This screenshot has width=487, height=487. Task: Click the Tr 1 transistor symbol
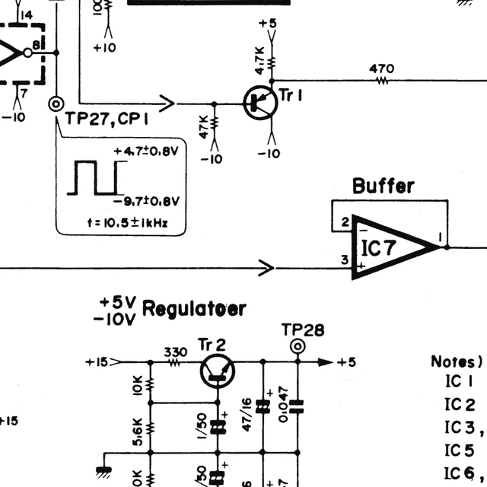point(258,102)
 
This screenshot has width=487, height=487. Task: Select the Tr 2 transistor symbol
point(218,371)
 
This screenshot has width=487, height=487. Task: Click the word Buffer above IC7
point(384,186)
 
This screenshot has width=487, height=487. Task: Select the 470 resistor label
point(382,68)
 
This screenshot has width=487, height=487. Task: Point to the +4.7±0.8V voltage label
point(146,151)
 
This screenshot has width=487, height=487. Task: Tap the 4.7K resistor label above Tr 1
point(260,59)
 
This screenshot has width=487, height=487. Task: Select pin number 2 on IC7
point(345,222)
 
